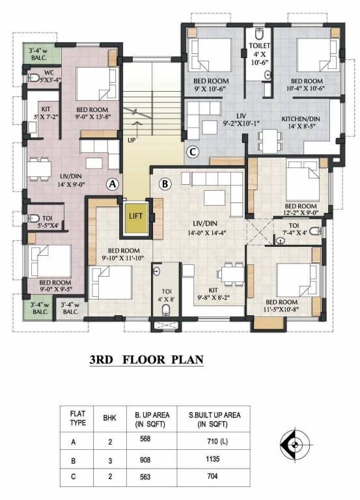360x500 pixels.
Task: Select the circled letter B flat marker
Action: coord(165,184)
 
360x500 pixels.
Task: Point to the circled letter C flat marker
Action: coord(193,153)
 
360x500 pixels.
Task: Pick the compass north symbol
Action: coord(295,445)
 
